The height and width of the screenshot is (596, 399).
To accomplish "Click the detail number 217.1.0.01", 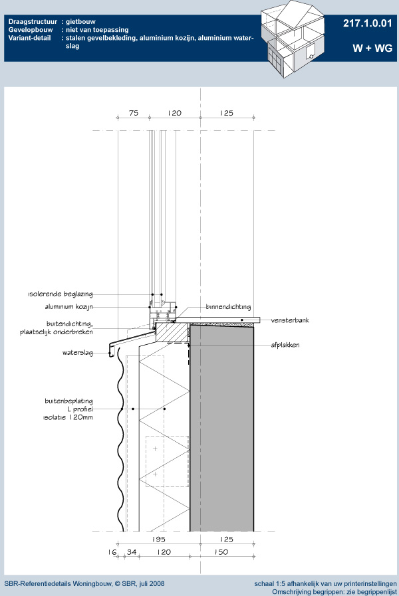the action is [x=367, y=23].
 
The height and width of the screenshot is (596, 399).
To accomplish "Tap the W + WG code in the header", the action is [x=372, y=49].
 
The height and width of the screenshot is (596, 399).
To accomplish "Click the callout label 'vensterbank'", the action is [x=290, y=320].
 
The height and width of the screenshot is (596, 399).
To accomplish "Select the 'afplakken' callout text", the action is [x=285, y=345].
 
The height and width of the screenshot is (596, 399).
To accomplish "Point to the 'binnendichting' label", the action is [x=228, y=307].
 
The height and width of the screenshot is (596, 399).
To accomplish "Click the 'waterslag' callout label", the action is [x=78, y=353].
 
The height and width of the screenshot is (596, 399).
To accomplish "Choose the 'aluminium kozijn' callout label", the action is [x=69, y=307].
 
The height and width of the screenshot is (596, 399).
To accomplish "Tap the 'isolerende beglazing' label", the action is [x=61, y=294].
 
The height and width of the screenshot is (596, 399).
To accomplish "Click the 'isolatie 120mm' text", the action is [x=68, y=417].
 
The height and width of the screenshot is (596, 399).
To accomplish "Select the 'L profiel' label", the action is [x=80, y=409].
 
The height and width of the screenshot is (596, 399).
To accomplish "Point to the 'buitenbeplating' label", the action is [x=69, y=401].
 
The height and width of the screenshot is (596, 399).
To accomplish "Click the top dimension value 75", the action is [x=134, y=113].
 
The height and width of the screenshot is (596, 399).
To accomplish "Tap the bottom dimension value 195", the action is [x=159, y=540].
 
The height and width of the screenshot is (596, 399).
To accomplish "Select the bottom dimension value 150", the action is [x=221, y=552].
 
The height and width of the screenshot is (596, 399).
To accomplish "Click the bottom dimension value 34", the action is [x=132, y=552].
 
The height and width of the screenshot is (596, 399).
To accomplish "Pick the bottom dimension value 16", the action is [x=112, y=552].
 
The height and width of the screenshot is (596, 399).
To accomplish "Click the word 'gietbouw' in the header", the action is [x=80, y=22].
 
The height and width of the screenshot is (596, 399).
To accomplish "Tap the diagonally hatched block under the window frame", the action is [x=173, y=332].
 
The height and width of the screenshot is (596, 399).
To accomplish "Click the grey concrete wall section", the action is [x=221, y=429].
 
